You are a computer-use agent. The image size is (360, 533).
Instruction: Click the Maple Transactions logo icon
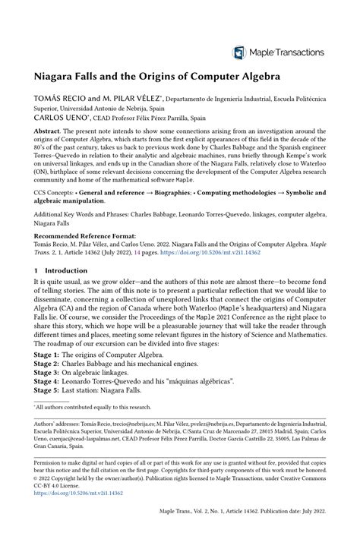pyautogui.click(x=239, y=52)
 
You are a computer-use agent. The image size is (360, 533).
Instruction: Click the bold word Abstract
pyautogui.click(x=49, y=131)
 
